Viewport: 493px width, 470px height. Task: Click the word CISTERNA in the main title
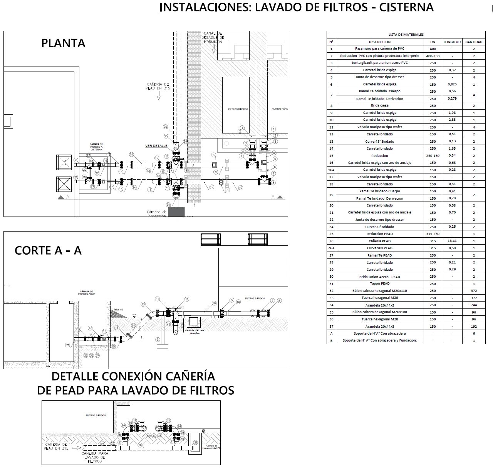click(x=406, y=7)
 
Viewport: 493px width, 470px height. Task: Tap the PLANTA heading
click(x=63, y=43)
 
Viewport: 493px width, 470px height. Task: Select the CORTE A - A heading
click(x=48, y=251)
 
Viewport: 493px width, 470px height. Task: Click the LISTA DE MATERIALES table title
click(x=406, y=35)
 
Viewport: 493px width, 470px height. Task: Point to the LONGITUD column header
click(x=452, y=42)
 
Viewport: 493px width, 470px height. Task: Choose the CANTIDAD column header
click(x=474, y=42)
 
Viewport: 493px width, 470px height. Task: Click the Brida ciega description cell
click(x=380, y=105)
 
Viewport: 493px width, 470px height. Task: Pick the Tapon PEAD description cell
click(x=380, y=283)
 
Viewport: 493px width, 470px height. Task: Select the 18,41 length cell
click(x=452, y=241)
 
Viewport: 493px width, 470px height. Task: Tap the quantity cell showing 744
click(x=474, y=305)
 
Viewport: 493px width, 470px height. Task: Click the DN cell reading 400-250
click(x=433, y=56)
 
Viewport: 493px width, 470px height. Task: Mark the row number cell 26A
click(x=331, y=248)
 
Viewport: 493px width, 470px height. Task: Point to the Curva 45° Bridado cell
click(x=380, y=142)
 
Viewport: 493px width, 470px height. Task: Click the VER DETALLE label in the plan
click(x=156, y=146)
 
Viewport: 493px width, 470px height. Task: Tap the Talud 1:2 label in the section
click(x=118, y=310)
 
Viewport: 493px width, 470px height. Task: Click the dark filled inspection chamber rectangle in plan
click(x=176, y=212)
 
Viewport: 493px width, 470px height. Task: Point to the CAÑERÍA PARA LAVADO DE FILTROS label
click(x=95, y=457)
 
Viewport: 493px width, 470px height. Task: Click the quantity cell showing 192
click(x=474, y=327)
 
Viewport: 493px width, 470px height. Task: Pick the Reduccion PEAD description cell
click(x=380, y=234)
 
